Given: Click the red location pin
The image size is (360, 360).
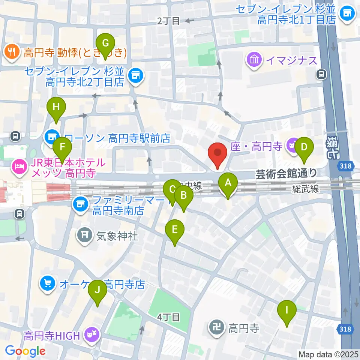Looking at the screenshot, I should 219,154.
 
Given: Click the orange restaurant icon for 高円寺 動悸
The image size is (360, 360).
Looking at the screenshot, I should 12,52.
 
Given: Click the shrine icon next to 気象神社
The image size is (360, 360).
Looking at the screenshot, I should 84,235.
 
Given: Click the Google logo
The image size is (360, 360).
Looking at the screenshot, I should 25,351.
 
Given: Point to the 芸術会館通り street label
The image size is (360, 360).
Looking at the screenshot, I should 286,173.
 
